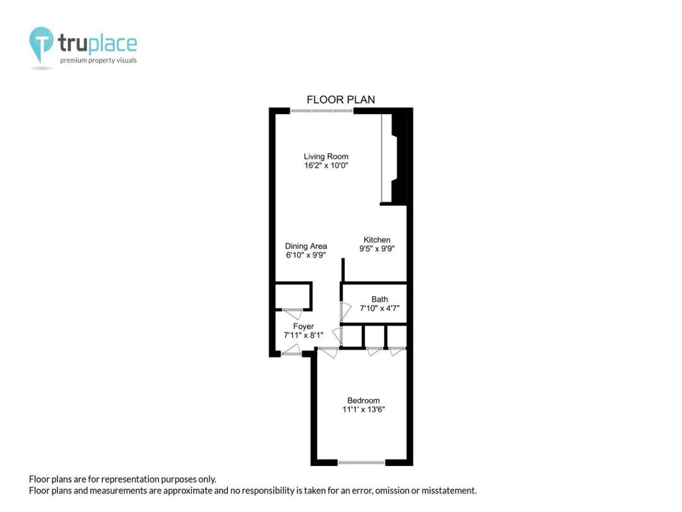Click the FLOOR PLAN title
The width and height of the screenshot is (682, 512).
pyautogui.click(x=341, y=100)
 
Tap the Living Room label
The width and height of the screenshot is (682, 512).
pyautogui.click(x=326, y=156)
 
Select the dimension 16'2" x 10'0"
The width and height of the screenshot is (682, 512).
pyautogui.click(x=326, y=165)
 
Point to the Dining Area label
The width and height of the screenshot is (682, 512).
pyautogui.click(x=306, y=246)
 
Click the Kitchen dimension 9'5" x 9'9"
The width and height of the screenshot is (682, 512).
pyautogui.click(x=377, y=249)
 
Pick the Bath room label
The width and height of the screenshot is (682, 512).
pyautogui.click(x=379, y=299)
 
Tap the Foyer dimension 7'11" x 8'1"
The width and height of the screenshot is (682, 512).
pyautogui.click(x=303, y=335)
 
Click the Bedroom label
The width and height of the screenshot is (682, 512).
pyautogui.click(x=363, y=401)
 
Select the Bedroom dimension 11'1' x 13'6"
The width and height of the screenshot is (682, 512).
pyautogui.click(x=363, y=410)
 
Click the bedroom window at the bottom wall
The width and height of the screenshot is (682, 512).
pyautogui.click(x=361, y=463)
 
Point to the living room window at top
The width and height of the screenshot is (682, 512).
pyautogui.click(x=322, y=110)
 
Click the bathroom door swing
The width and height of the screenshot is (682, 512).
pyautogui.click(x=346, y=311)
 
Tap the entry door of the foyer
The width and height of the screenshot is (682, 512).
pyautogui.click(x=291, y=350)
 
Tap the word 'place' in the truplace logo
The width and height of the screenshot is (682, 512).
pyautogui.click(x=112, y=43)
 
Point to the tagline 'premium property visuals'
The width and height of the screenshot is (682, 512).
pyautogui.click(x=98, y=60)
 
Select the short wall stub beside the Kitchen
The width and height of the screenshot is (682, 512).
pyautogui.click(x=343, y=270)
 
